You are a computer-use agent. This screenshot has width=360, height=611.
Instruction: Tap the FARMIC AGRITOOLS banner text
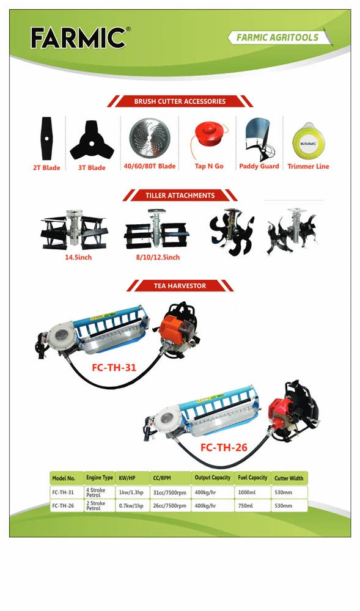click(x=277, y=37)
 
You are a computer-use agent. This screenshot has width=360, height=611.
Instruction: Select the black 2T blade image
click(x=46, y=138)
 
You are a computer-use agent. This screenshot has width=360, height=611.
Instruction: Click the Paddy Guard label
click(x=259, y=166)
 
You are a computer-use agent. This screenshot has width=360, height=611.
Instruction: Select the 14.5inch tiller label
click(x=78, y=257)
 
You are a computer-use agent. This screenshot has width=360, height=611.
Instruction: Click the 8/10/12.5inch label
click(x=158, y=257)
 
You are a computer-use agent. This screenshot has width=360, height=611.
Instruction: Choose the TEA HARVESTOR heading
click(x=180, y=285)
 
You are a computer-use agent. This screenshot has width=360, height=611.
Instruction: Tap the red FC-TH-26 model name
click(x=224, y=447)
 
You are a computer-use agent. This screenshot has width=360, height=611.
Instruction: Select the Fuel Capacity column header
click(x=252, y=478)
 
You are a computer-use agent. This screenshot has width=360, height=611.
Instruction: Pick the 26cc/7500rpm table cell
click(x=170, y=506)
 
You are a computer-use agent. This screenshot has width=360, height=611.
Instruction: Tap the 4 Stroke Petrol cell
click(x=96, y=492)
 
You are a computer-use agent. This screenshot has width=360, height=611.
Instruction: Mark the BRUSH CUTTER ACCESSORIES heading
click(x=180, y=101)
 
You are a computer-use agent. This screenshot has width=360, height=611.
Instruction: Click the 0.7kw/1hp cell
click(x=131, y=506)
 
